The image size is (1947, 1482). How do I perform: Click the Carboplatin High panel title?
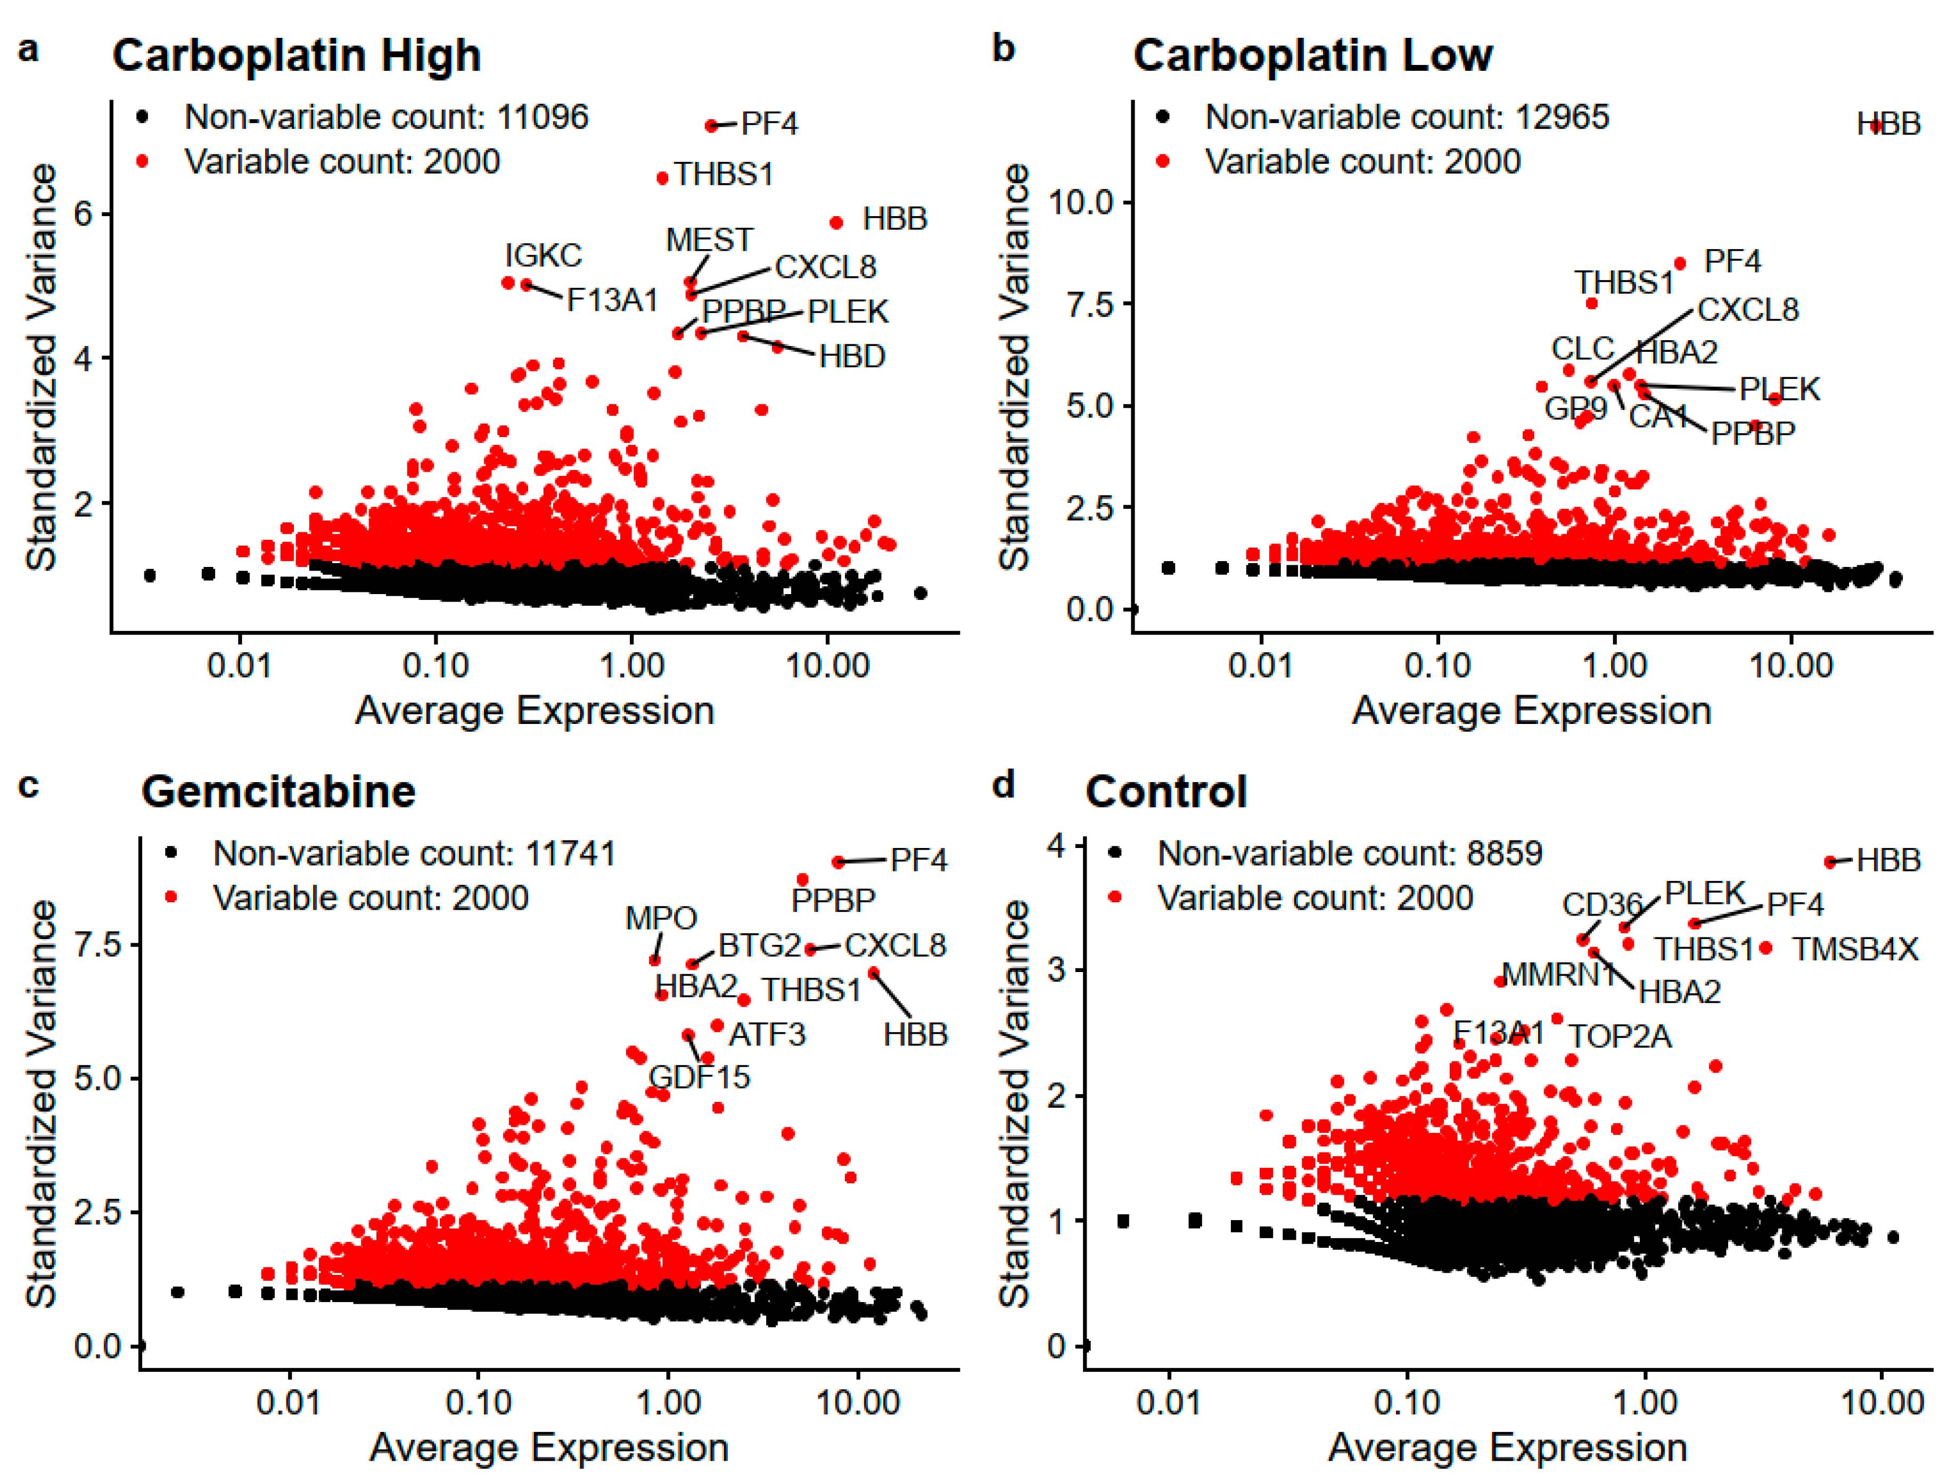297,55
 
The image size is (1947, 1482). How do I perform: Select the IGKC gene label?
543,255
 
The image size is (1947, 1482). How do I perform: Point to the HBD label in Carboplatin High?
851,356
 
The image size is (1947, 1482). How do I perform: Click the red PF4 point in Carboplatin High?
711,126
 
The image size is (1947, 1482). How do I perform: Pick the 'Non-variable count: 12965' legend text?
1406,117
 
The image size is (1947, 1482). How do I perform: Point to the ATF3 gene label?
767,1034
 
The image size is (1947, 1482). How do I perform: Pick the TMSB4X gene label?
1855,949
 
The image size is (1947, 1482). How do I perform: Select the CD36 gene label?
1601,904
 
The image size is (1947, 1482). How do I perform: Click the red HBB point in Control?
1830,862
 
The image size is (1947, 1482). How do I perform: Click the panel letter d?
1003,784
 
